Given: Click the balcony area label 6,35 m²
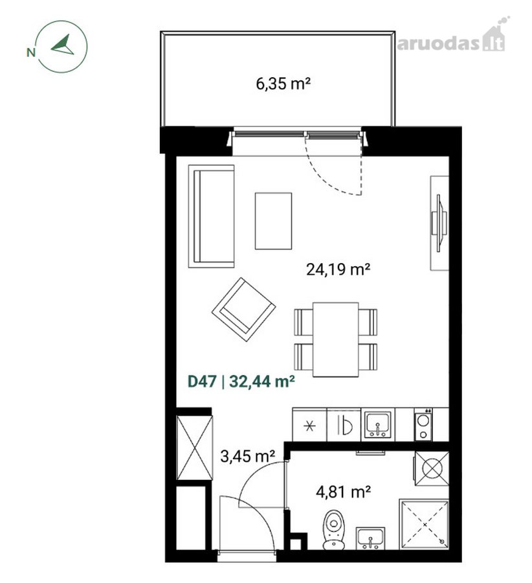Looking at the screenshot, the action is click(x=283, y=84).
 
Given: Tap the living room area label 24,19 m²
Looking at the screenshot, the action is click(x=338, y=269).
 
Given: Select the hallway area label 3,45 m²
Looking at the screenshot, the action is click(x=247, y=456).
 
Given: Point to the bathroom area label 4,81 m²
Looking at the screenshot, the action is click(x=343, y=492).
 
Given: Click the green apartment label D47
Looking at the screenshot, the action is click(x=202, y=382).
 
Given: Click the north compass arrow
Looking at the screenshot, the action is click(x=63, y=45).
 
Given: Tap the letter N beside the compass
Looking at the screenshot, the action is click(x=31, y=52).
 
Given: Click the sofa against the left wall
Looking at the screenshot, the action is click(x=212, y=216).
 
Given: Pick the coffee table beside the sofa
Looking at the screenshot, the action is click(x=273, y=221).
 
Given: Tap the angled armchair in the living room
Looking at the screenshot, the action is click(x=244, y=309).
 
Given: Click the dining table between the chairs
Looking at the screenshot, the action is click(x=335, y=339).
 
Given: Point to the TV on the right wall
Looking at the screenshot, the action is click(x=438, y=223).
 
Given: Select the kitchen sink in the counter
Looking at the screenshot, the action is click(x=377, y=424).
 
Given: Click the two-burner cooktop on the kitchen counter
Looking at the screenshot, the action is click(x=423, y=425).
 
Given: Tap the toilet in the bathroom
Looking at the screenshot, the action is click(x=333, y=529).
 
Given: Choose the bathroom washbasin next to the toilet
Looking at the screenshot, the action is click(x=370, y=538).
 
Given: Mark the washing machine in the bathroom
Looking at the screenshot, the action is click(x=431, y=468).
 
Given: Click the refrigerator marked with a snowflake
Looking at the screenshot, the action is click(x=309, y=425).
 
